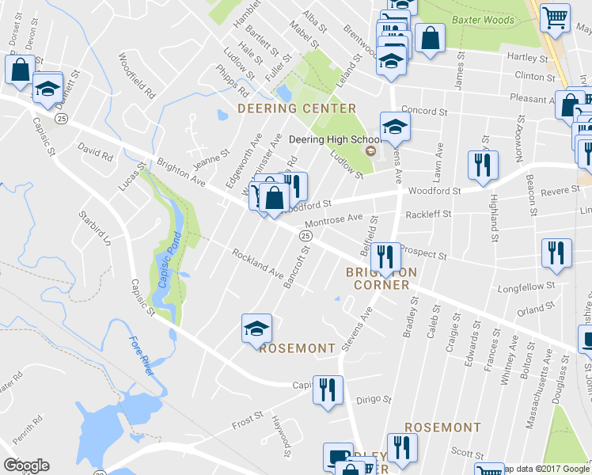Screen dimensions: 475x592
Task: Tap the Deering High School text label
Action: (325, 138)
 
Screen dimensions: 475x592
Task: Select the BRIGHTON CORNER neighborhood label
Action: (377, 278)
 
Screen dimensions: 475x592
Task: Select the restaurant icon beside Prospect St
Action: (385, 256)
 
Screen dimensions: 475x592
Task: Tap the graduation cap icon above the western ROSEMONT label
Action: (256, 327)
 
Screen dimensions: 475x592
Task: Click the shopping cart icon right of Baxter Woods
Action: (556, 16)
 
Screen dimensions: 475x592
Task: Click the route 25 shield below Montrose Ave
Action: (305, 236)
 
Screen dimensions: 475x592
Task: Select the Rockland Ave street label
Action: (257, 264)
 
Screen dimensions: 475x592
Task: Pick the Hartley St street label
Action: (526, 58)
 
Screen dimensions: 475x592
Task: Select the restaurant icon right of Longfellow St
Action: (556, 253)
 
